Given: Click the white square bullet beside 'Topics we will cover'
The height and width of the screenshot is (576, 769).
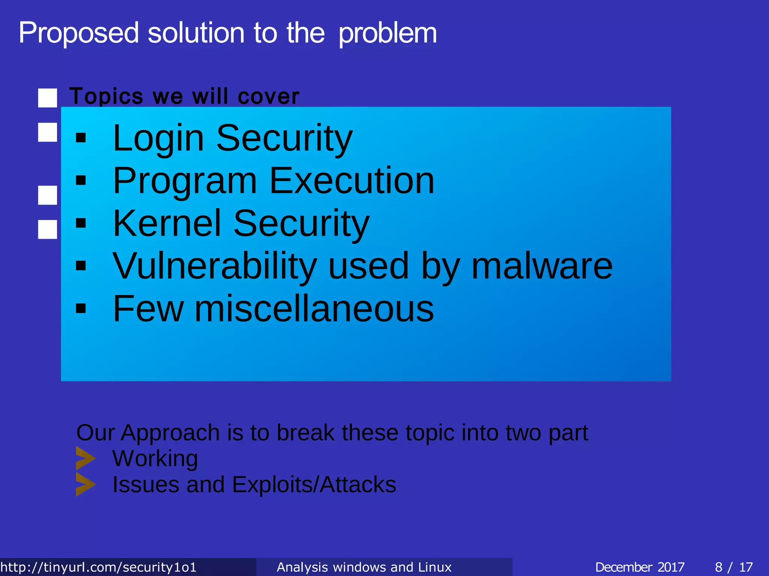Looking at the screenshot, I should click(x=48, y=98).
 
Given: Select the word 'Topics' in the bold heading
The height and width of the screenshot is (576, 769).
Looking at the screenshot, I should click(x=106, y=97).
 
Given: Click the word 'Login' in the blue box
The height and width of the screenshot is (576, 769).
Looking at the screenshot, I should click(x=158, y=138).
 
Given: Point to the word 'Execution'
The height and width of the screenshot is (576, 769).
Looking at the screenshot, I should click(x=351, y=181).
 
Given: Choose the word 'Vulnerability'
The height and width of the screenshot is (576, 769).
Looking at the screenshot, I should click(x=214, y=266).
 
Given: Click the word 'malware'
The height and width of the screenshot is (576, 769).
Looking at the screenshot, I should click(x=542, y=266).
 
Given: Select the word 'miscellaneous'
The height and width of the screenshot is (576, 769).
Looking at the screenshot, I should click(x=314, y=309).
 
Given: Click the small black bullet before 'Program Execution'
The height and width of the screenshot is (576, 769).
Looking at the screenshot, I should click(x=81, y=181).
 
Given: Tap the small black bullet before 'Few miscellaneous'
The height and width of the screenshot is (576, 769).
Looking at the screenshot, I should click(x=81, y=309).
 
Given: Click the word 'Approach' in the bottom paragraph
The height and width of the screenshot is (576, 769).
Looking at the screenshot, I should click(x=170, y=433).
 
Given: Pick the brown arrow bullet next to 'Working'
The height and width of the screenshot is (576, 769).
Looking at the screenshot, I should click(x=85, y=458).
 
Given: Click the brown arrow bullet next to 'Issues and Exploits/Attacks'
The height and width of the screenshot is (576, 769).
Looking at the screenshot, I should click(x=85, y=484).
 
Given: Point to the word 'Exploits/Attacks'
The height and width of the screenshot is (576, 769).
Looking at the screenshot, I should click(x=314, y=484).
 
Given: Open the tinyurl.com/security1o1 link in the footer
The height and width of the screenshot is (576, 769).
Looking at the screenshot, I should click(x=98, y=567).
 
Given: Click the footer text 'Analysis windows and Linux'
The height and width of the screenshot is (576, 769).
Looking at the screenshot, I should click(x=364, y=567).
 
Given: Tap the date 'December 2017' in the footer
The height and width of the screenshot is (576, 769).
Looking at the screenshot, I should click(x=639, y=567).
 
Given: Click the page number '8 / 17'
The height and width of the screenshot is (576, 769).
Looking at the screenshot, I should click(x=734, y=567).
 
